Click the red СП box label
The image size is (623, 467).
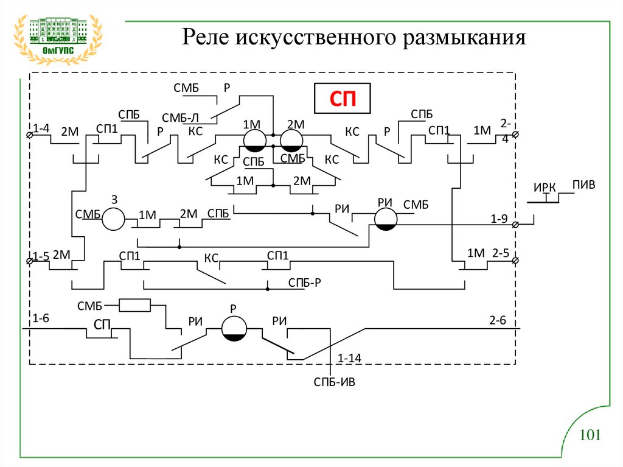click(x=342, y=99)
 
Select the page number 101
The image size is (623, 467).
click(x=590, y=435)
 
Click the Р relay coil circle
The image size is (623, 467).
click(x=233, y=328)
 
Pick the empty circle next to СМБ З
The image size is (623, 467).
click(x=113, y=219)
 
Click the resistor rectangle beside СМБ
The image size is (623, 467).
click(x=134, y=304)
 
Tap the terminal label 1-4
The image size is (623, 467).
click(x=41, y=128)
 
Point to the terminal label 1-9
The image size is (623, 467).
click(x=499, y=218)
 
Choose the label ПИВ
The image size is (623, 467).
click(x=583, y=184)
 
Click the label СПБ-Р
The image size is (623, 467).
click(x=304, y=283)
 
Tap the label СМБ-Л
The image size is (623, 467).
click(x=180, y=118)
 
